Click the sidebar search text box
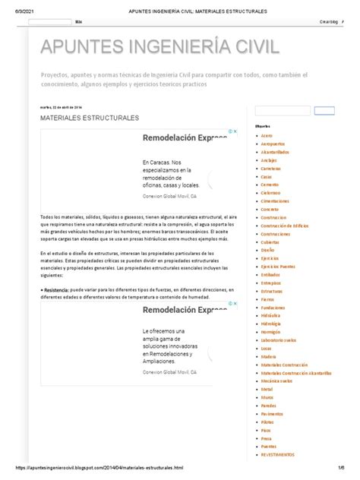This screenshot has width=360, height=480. click(283, 111)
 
